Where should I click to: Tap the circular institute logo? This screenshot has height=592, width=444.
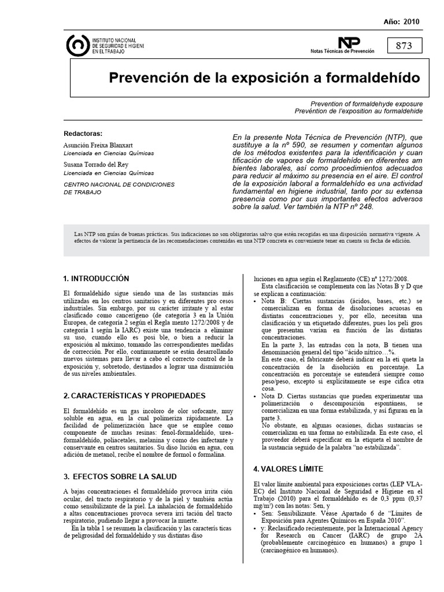click(78, 46)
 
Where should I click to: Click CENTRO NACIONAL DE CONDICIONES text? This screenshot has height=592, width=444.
click(119, 184)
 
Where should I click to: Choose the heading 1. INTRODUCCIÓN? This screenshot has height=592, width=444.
click(96, 279)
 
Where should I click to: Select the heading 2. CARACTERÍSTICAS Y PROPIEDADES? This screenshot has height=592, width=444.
click(134, 395)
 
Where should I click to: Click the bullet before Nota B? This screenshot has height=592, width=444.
click(256, 302)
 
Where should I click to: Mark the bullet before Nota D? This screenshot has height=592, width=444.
click(256, 396)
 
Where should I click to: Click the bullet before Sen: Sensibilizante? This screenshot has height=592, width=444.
click(256, 513)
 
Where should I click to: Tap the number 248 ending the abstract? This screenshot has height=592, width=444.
click(365, 206)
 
